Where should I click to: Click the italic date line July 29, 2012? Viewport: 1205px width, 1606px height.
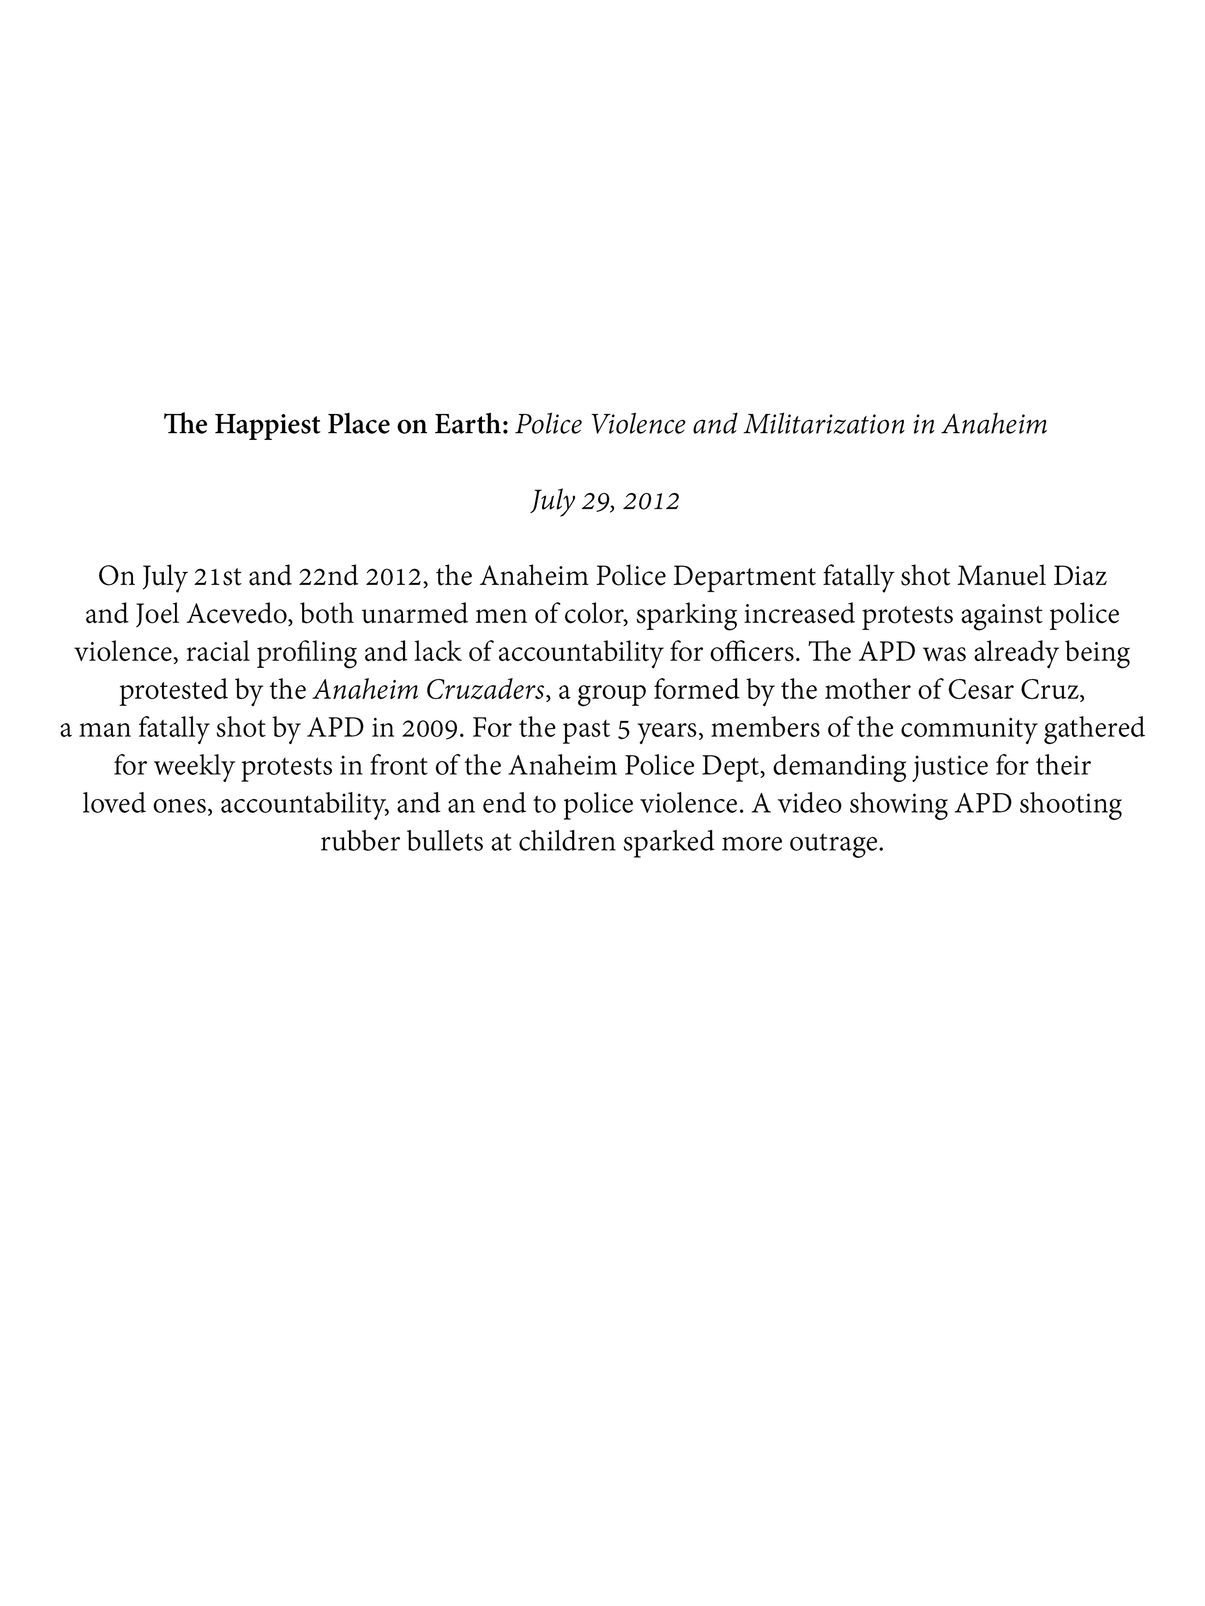coord(605,500)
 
